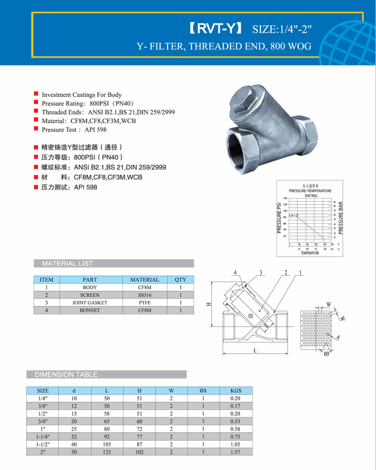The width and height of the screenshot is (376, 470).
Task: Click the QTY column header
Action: point(181,279)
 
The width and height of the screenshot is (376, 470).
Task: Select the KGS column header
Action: point(235,391)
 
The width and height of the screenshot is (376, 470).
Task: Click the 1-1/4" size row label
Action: point(43,435)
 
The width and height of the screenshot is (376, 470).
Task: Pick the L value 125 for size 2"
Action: point(107,452)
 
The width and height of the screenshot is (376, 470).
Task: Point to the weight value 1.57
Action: point(235,452)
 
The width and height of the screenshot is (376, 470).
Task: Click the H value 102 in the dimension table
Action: point(140,452)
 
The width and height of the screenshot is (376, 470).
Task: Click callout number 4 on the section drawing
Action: point(235,272)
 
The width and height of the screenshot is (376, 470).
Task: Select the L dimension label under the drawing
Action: point(255,350)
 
